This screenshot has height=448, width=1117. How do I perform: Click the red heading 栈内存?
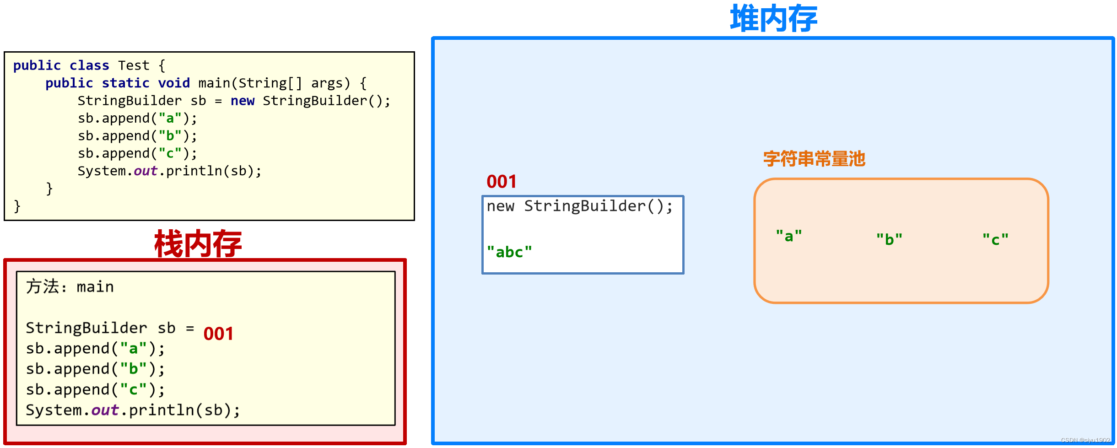198,244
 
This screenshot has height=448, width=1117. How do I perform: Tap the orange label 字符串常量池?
814,159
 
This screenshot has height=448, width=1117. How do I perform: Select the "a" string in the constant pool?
789,236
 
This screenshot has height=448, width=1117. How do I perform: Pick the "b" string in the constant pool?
889,239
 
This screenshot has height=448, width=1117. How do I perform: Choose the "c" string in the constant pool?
995,239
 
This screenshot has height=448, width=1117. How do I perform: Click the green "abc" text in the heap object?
509,252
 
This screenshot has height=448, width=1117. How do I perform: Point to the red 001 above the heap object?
502,182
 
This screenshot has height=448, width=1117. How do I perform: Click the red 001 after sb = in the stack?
218,334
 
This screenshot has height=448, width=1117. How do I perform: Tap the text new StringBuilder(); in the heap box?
579,206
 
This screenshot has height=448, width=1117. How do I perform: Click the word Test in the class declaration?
134,65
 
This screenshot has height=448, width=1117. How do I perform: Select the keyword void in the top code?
174,83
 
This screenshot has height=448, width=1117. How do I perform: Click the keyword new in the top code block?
242,101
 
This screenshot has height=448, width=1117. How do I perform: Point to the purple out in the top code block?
146,171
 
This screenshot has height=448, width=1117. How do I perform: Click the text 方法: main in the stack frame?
70,287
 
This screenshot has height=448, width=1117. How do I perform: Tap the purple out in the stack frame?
105,410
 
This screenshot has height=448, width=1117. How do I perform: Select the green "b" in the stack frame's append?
133,369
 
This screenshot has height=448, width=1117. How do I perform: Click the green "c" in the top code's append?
170,153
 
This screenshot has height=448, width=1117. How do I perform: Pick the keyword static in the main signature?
125,83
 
